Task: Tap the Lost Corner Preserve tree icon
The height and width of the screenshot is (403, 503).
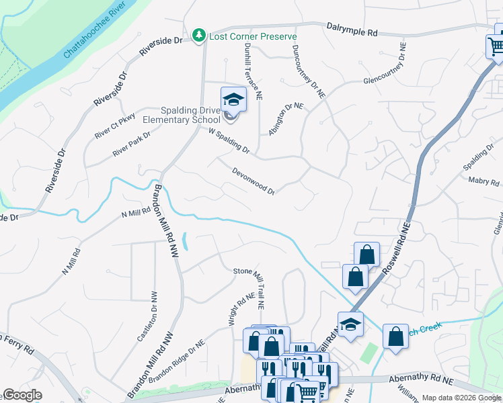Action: (x=198, y=35)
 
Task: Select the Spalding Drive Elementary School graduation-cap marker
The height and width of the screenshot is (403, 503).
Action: (x=233, y=99)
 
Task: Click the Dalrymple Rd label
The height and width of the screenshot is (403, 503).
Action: (x=352, y=29)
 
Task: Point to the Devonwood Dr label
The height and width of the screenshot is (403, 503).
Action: (x=253, y=181)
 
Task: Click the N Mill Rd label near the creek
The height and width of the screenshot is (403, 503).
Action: (x=135, y=213)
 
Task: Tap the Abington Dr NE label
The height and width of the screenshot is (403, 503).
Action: (x=285, y=119)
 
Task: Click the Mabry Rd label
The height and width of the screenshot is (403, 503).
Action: (x=483, y=181)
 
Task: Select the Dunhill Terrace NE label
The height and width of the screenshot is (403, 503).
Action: (x=258, y=72)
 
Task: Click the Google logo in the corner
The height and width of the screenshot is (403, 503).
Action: (x=22, y=395)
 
